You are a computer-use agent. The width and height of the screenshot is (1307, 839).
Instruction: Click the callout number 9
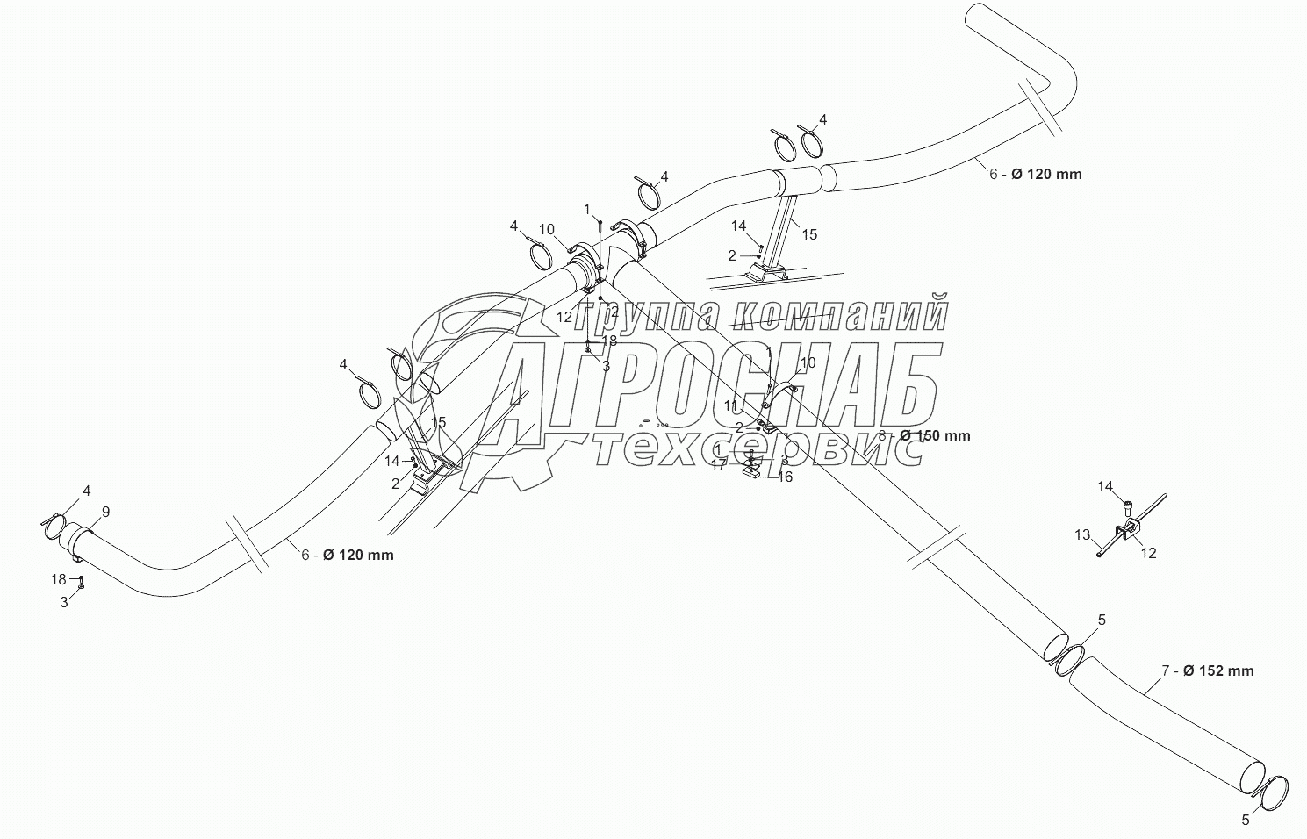pos(105,512)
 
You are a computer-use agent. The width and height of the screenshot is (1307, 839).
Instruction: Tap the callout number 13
pos(1082,534)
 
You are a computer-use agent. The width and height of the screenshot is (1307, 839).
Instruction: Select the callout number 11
pos(730,405)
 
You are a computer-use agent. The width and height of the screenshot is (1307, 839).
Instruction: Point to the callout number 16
pos(786,477)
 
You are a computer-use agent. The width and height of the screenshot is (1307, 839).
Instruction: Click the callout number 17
pos(719,464)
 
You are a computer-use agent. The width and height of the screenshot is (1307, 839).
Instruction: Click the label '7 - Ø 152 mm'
pos(1207,671)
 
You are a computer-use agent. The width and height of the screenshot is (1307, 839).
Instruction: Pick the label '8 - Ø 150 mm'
pos(923,435)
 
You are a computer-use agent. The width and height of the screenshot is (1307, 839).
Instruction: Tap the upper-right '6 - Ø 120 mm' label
pos(1036,174)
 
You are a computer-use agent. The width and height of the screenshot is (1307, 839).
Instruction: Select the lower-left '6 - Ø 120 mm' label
pos(348,555)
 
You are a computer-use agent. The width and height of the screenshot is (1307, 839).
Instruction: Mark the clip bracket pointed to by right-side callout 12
pos(1126,533)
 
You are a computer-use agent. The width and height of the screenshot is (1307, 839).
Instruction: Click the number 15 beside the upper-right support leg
pos(809,234)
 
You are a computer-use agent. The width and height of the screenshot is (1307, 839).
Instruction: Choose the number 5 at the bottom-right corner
pos(1245,821)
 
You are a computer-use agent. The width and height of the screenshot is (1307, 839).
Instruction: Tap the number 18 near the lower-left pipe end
pos(59,579)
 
